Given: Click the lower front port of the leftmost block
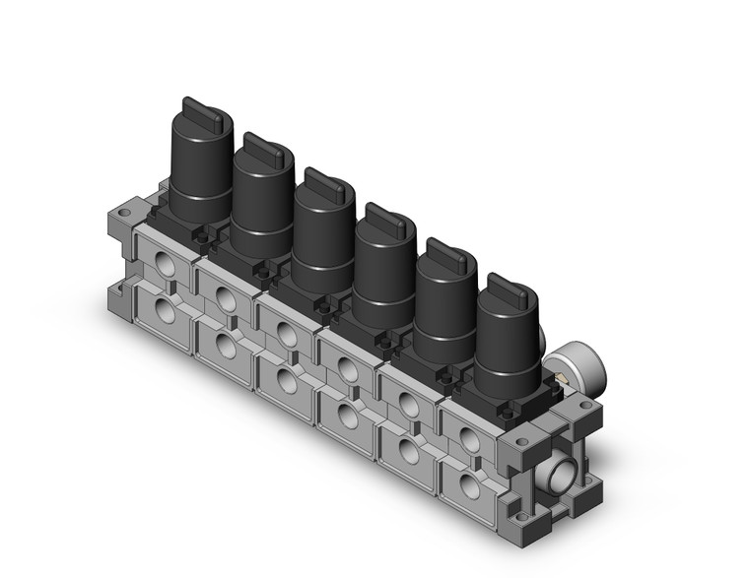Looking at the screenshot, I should coord(165,314).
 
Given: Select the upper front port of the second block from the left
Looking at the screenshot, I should coord(226,298).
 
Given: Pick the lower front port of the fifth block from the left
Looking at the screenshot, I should coord(407,450).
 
